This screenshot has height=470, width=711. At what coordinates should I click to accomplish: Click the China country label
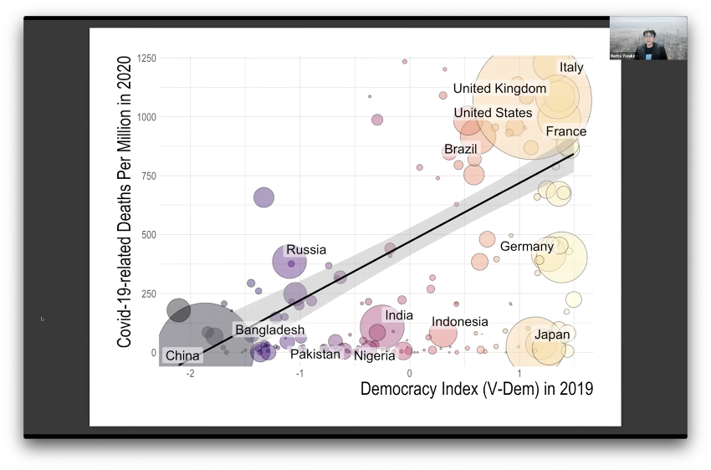(x=182, y=355)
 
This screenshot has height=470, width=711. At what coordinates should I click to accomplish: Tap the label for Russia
(x=306, y=250)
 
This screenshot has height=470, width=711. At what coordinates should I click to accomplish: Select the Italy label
(x=571, y=68)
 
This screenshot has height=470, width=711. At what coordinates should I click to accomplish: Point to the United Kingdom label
(x=499, y=89)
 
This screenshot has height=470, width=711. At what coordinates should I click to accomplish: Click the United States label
(x=493, y=113)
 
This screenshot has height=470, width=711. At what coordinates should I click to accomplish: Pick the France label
(x=566, y=132)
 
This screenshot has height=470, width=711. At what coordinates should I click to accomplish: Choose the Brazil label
(x=460, y=150)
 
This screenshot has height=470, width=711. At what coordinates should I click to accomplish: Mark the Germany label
(x=527, y=247)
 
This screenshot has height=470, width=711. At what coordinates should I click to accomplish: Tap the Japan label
(x=552, y=335)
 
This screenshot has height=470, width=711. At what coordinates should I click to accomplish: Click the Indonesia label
(x=460, y=322)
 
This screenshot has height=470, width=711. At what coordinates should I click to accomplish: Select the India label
(x=399, y=315)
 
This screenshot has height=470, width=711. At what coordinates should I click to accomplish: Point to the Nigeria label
(x=374, y=355)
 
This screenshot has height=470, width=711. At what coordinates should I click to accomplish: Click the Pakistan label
(x=315, y=354)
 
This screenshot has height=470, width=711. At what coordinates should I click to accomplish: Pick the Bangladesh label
(x=269, y=330)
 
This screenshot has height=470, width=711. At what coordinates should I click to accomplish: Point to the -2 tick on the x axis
(x=191, y=373)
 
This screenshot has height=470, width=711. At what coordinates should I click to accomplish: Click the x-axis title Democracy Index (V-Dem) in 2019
(x=476, y=389)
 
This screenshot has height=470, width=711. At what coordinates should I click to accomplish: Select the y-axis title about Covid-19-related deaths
(x=125, y=202)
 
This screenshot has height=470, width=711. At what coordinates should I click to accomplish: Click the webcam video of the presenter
(x=648, y=38)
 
